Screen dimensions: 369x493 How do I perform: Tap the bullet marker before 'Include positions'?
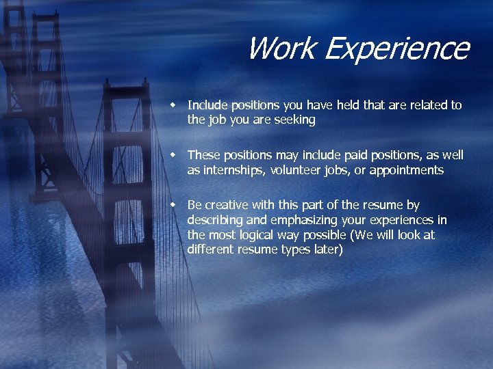(x=174, y=105)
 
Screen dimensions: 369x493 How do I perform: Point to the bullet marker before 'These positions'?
(x=174, y=155)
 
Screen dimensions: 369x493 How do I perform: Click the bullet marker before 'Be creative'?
(x=174, y=205)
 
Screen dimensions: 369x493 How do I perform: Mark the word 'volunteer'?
(x=294, y=170)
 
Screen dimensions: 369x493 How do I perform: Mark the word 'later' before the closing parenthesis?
(x=326, y=250)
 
